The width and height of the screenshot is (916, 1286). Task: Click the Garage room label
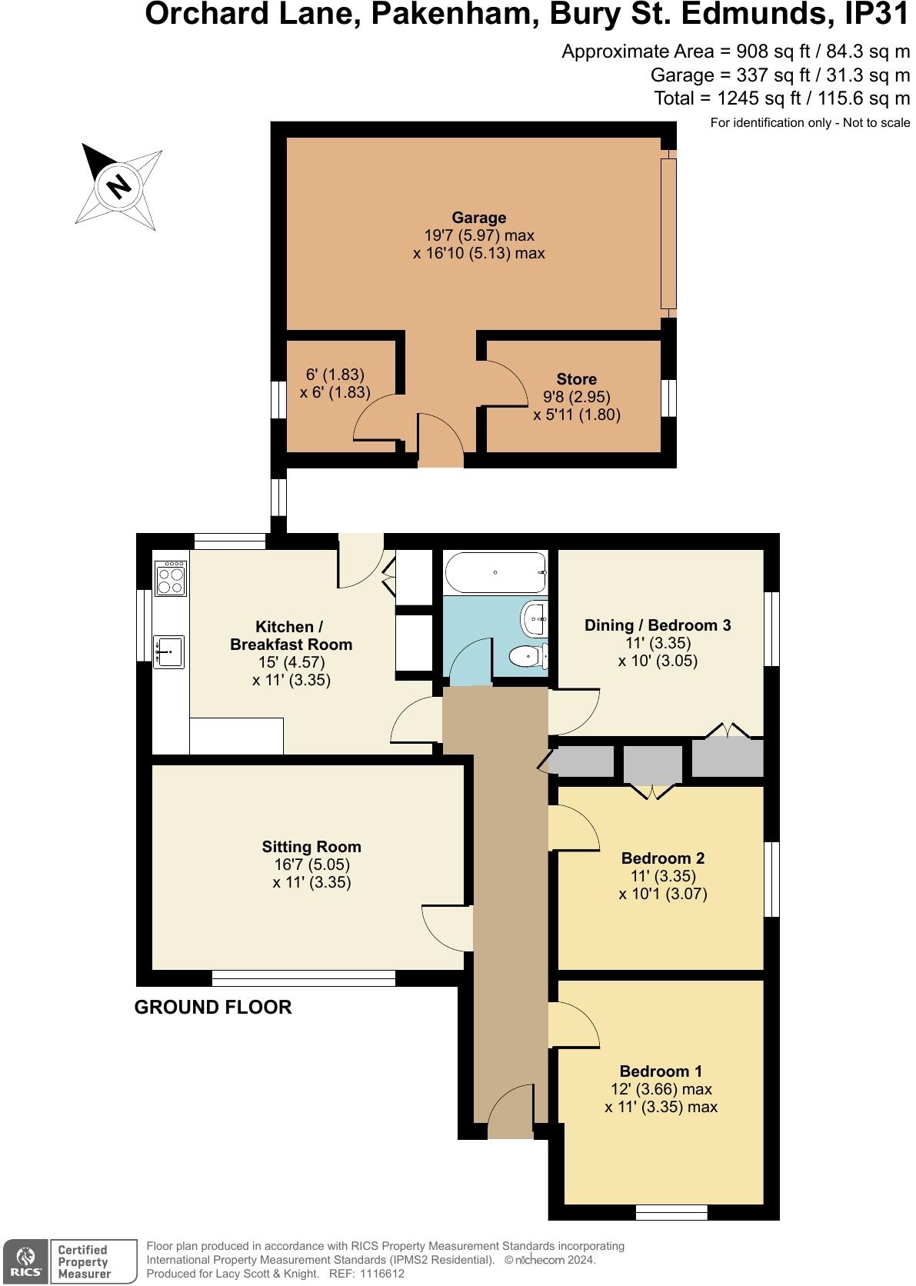click(478, 218)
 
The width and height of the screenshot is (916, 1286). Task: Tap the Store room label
click(576, 379)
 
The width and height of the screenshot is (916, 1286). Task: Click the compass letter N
click(118, 185)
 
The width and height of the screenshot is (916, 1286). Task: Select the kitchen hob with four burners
click(171, 578)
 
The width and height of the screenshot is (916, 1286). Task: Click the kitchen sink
click(168, 651)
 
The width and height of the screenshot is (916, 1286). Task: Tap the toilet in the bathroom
click(528, 656)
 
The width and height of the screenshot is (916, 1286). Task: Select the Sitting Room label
click(311, 847)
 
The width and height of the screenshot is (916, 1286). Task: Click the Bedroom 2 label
click(663, 858)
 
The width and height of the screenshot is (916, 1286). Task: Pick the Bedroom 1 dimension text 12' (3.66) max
click(661, 1089)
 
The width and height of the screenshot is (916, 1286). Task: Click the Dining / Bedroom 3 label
click(658, 625)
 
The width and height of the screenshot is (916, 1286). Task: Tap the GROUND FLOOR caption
click(213, 1008)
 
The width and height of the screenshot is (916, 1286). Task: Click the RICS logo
click(26, 1261)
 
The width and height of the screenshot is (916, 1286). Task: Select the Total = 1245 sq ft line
click(781, 98)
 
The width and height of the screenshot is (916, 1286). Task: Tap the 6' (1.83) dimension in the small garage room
click(335, 375)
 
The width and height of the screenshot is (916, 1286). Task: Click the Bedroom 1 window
click(671, 1212)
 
